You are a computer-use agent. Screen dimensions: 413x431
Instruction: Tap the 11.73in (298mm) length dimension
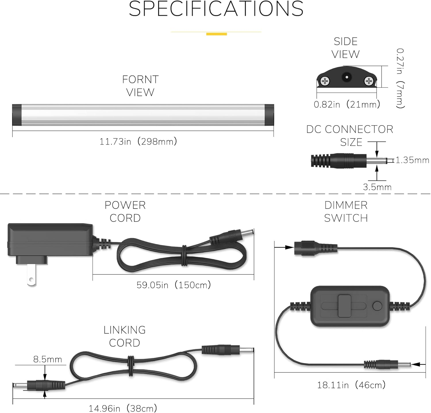point(138,141)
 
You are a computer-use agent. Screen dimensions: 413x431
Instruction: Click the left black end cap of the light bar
point(17,115)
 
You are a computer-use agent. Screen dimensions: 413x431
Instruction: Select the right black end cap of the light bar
point(269,115)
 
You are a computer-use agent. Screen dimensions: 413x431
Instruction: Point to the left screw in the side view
point(325,81)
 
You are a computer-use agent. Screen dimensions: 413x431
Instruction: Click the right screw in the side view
point(368,81)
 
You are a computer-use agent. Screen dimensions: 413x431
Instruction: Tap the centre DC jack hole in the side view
point(347,77)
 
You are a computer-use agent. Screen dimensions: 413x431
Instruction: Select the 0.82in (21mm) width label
point(347,104)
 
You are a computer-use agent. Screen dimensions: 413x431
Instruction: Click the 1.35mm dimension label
point(412,160)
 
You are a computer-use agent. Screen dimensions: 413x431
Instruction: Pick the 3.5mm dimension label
point(377,187)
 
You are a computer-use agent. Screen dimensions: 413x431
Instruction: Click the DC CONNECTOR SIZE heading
point(350,135)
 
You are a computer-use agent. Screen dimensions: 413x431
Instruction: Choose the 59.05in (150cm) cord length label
point(174,285)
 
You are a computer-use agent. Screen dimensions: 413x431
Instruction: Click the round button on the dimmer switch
point(377,306)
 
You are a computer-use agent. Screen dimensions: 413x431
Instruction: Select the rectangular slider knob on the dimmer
point(344,306)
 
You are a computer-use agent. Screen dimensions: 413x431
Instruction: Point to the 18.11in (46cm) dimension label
point(351,385)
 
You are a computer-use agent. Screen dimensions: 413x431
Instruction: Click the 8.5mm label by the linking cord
point(47,359)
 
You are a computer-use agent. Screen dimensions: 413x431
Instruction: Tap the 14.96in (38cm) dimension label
point(123,408)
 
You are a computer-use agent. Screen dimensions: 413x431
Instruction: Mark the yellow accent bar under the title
point(216,34)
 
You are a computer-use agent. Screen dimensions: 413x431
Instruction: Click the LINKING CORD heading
point(124,336)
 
